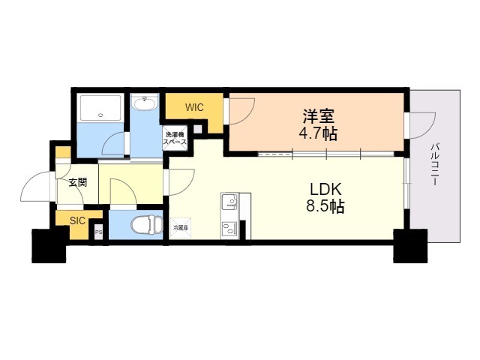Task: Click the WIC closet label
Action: tap(195, 107)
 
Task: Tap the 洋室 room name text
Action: tap(318, 116)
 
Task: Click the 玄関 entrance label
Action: tap(76, 182)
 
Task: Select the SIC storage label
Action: tap(77, 220)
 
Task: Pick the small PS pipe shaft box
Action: tap(98, 232)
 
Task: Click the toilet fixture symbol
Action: tap(145, 224)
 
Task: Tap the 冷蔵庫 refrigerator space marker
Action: tap(181, 227)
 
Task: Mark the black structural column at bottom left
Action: tap(49, 245)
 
